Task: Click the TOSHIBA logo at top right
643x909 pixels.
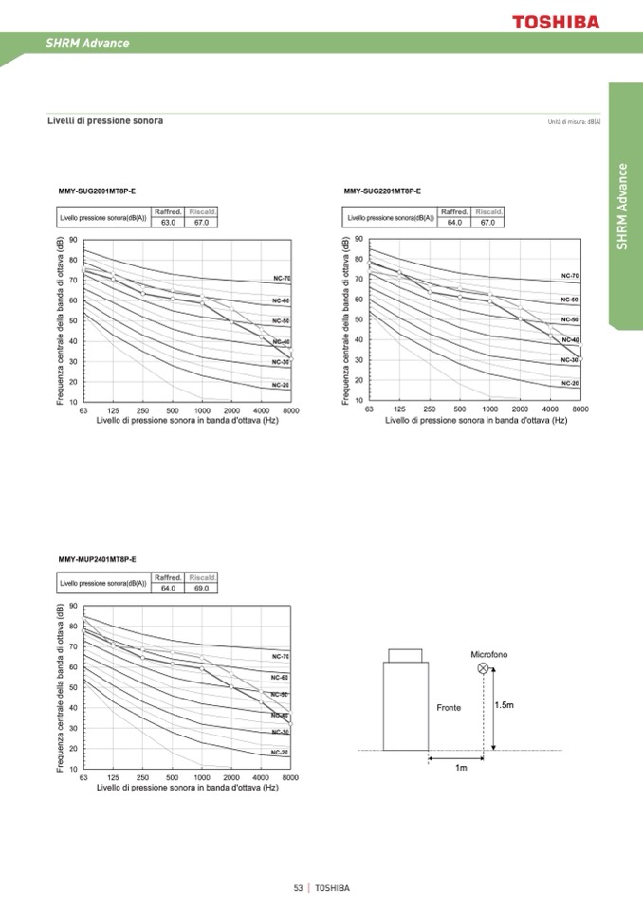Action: coord(557,21)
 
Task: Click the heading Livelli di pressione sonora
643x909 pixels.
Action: coord(105,121)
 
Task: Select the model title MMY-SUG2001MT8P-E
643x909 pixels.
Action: coord(98,191)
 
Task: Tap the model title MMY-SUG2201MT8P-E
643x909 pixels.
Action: coord(383,191)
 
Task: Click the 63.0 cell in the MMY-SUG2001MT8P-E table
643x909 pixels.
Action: coord(169,222)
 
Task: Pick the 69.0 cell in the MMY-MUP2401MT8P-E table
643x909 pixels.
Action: coord(202,588)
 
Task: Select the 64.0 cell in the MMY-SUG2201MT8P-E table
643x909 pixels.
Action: coord(454,222)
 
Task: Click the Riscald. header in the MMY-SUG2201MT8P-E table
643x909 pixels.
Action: coord(488,211)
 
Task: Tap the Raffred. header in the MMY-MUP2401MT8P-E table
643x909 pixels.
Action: coord(168,577)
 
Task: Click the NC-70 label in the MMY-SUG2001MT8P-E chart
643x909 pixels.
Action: coord(282,279)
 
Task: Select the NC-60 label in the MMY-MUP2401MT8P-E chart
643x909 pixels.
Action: coord(281,677)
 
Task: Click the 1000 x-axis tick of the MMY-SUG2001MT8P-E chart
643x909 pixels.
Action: coord(202,410)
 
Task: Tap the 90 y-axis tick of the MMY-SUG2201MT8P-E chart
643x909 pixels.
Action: coord(358,239)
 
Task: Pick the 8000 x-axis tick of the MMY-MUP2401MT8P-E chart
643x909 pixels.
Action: coord(290,777)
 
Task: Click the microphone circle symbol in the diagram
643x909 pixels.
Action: coord(483,668)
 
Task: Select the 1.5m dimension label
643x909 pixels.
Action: coord(505,705)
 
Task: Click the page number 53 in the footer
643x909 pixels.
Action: coord(298,888)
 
